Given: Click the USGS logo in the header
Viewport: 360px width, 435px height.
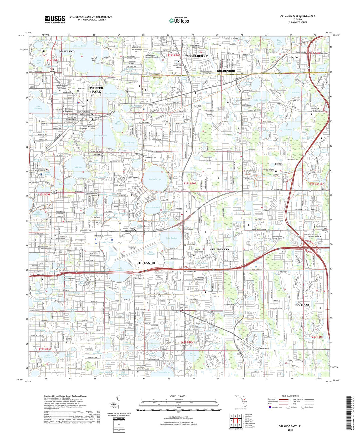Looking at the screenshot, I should pos(55,19).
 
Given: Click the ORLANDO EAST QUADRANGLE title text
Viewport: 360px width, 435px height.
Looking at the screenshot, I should pos(298,16).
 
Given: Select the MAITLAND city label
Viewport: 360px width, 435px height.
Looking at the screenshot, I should pos(67,52).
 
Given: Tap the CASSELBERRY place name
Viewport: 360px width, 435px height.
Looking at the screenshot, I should pos(196,56).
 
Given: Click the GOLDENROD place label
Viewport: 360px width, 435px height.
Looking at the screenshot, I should pos(226,71).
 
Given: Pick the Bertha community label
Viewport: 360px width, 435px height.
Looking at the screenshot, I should pos(294,57).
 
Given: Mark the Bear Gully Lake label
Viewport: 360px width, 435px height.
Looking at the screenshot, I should pos(273,42).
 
